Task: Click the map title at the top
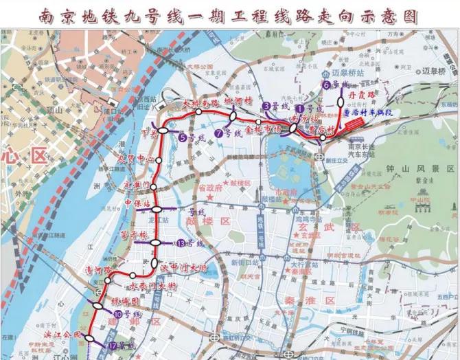[x=230, y=15]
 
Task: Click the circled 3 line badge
[x=266, y=106]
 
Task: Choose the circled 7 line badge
[x=218, y=133]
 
